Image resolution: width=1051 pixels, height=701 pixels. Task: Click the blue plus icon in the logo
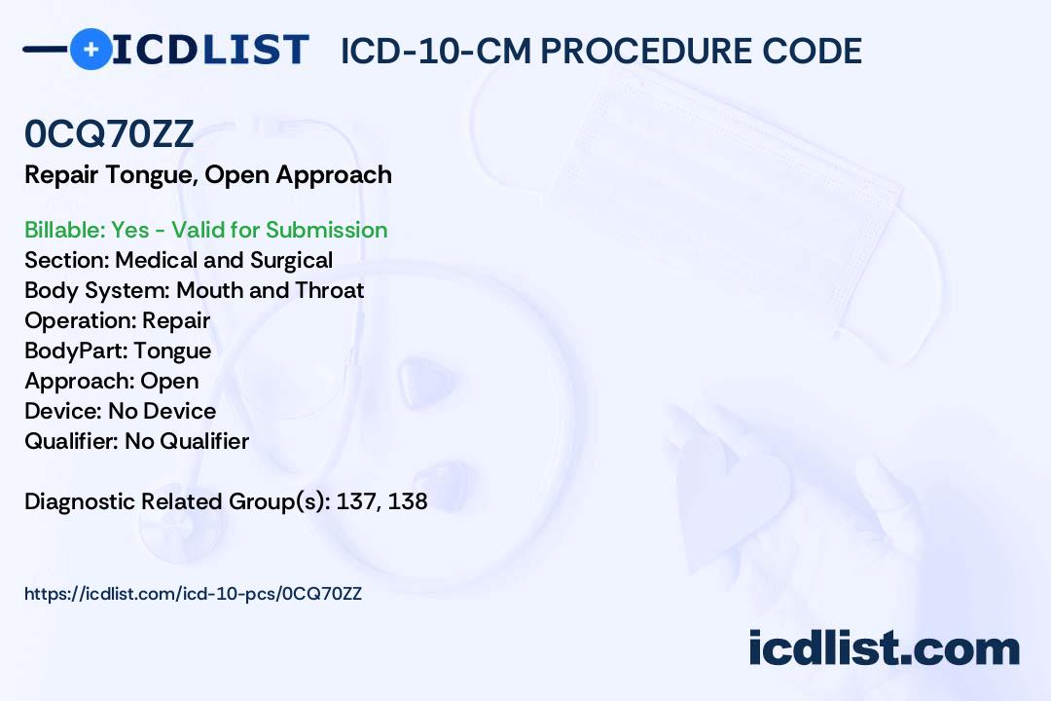pyautogui.click(x=91, y=49)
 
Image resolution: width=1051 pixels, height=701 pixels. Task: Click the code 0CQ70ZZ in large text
pyautogui.click(x=109, y=134)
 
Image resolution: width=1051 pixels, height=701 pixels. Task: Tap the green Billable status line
pyautogui.click(x=205, y=230)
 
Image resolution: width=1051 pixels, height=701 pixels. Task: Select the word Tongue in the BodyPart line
pyautogui.click(x=172, y=350)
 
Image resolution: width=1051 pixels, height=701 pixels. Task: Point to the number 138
pyautogui.click(x=408, y=501)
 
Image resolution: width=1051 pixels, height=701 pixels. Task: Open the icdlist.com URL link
pyautogui.click(x=193, y=594)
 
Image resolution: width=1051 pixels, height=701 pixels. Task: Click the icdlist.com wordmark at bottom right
pyautogui.click(x=884, y=647)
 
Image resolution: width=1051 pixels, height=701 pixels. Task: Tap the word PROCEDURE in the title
pyautogui.click(x=646, y=51)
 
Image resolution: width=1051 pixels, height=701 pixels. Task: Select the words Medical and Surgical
pyautogui.click(x=224, y=260)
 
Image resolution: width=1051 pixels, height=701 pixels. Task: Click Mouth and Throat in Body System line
pyautogui.click(x=271, y=290)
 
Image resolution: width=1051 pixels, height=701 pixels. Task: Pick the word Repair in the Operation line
pyautogui.click(x=176, y=320)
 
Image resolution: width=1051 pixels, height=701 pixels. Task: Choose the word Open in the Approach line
pyautogui.click(x=169, y=381)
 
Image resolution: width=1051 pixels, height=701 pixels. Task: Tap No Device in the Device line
pyautogui.click(x=163, y=411)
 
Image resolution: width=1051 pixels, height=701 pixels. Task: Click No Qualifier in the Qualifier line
pyautogui.click(x=187, y=441)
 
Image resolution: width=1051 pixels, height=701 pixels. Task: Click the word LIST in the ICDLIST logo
pyautogui.click(x=255, y=49)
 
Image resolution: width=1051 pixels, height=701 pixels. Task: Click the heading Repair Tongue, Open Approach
pyautogui.click(x=208, y=175)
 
